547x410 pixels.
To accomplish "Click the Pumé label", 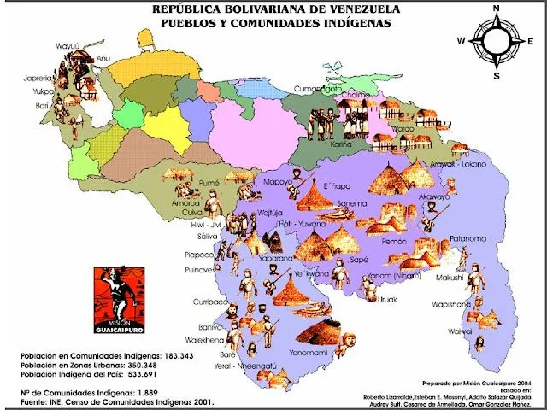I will [209, 183].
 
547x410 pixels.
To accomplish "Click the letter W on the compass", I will [461, 41].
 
